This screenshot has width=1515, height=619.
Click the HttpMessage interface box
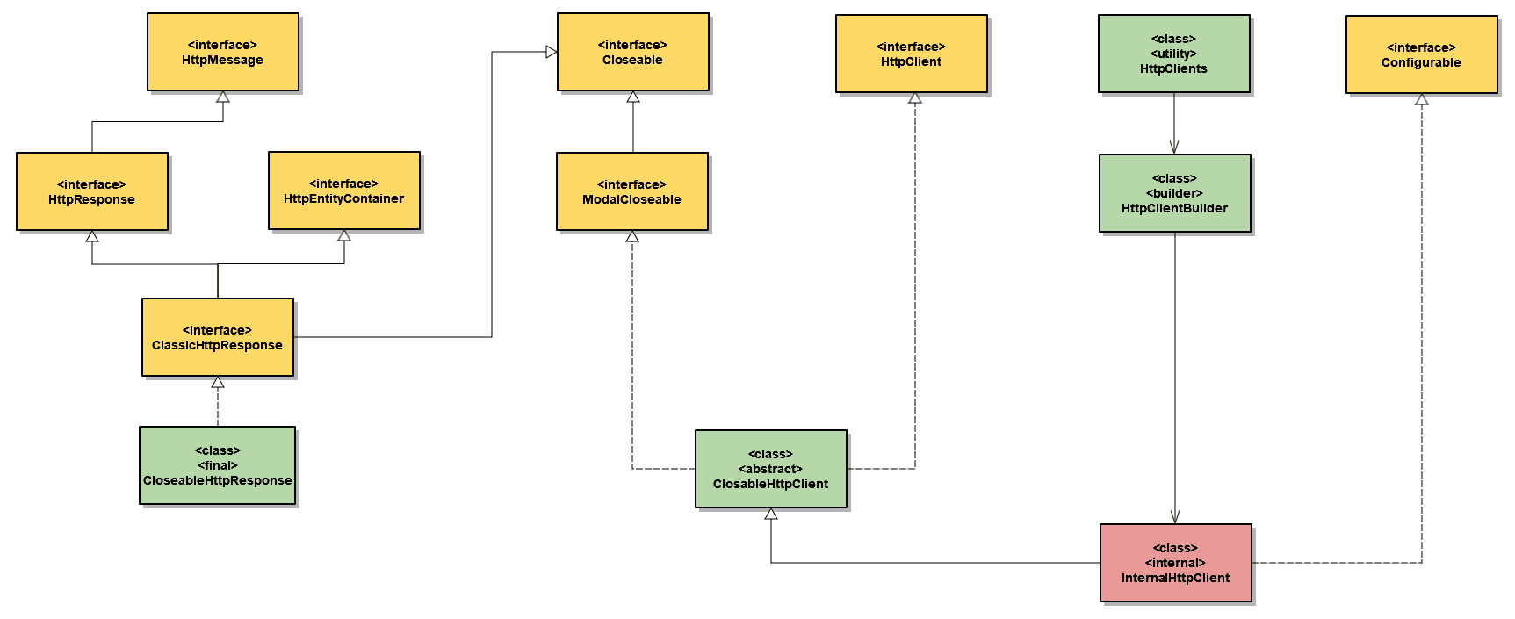coord(222,52)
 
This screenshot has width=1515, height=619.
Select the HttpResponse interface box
coord(91,191)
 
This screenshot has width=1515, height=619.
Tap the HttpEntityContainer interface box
coord(343,191)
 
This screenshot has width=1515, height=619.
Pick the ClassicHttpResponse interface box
coord(217,337)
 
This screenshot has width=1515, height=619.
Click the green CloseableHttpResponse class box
coord(217,465)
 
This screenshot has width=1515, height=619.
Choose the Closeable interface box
coord(632,52)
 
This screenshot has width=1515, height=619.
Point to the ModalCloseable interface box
coord(631,191)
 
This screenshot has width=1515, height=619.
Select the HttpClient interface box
coord(911,54)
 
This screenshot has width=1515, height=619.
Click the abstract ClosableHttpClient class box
coord(770,469)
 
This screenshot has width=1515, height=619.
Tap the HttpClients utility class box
coord(1173,54)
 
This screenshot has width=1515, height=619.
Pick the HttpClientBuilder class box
coord(1174,193)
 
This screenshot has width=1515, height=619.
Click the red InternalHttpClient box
coord(1175,563)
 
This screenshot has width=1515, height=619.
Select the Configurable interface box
coord(1421,54)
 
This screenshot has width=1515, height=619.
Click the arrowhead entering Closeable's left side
coord(552,52)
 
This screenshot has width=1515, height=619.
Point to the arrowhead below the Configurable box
coord(1421,100)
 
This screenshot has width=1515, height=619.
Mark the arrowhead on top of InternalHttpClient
coord(1175,517)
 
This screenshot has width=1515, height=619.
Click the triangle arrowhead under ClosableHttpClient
coord(770,515)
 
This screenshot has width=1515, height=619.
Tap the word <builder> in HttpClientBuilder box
coord(1174,193)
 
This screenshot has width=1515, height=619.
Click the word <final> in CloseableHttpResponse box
coord(217,465)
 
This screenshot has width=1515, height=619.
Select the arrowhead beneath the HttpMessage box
coord(223,97)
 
